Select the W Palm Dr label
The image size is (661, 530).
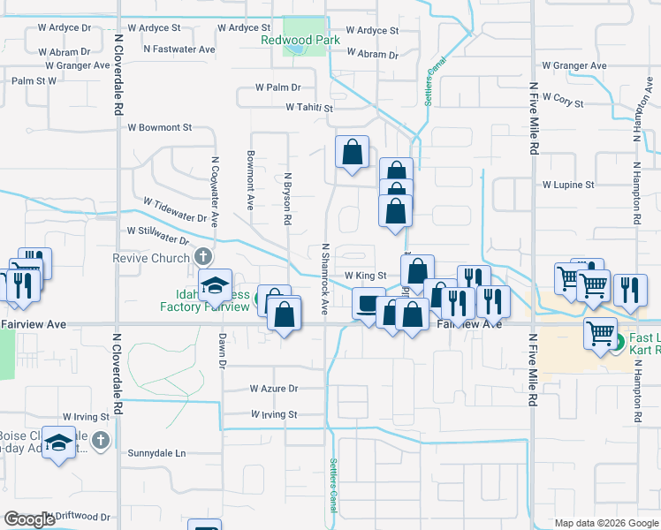(x=278, y=87)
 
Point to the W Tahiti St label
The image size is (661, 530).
(x=308, y=108)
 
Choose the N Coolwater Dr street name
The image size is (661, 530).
(x=215, y=189)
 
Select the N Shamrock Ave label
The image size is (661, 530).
(x=325, y=279)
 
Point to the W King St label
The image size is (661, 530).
(x=366, y=276)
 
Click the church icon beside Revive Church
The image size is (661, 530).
(x=203, y=258)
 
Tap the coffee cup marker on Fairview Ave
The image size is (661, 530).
(x=366, y=303)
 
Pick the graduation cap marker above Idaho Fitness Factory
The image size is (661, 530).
(x=215, y=284)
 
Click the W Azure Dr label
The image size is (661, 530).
(x=274, y=388)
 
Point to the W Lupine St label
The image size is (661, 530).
(x=568, y=185)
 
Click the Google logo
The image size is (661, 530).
(x=29, y=519)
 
